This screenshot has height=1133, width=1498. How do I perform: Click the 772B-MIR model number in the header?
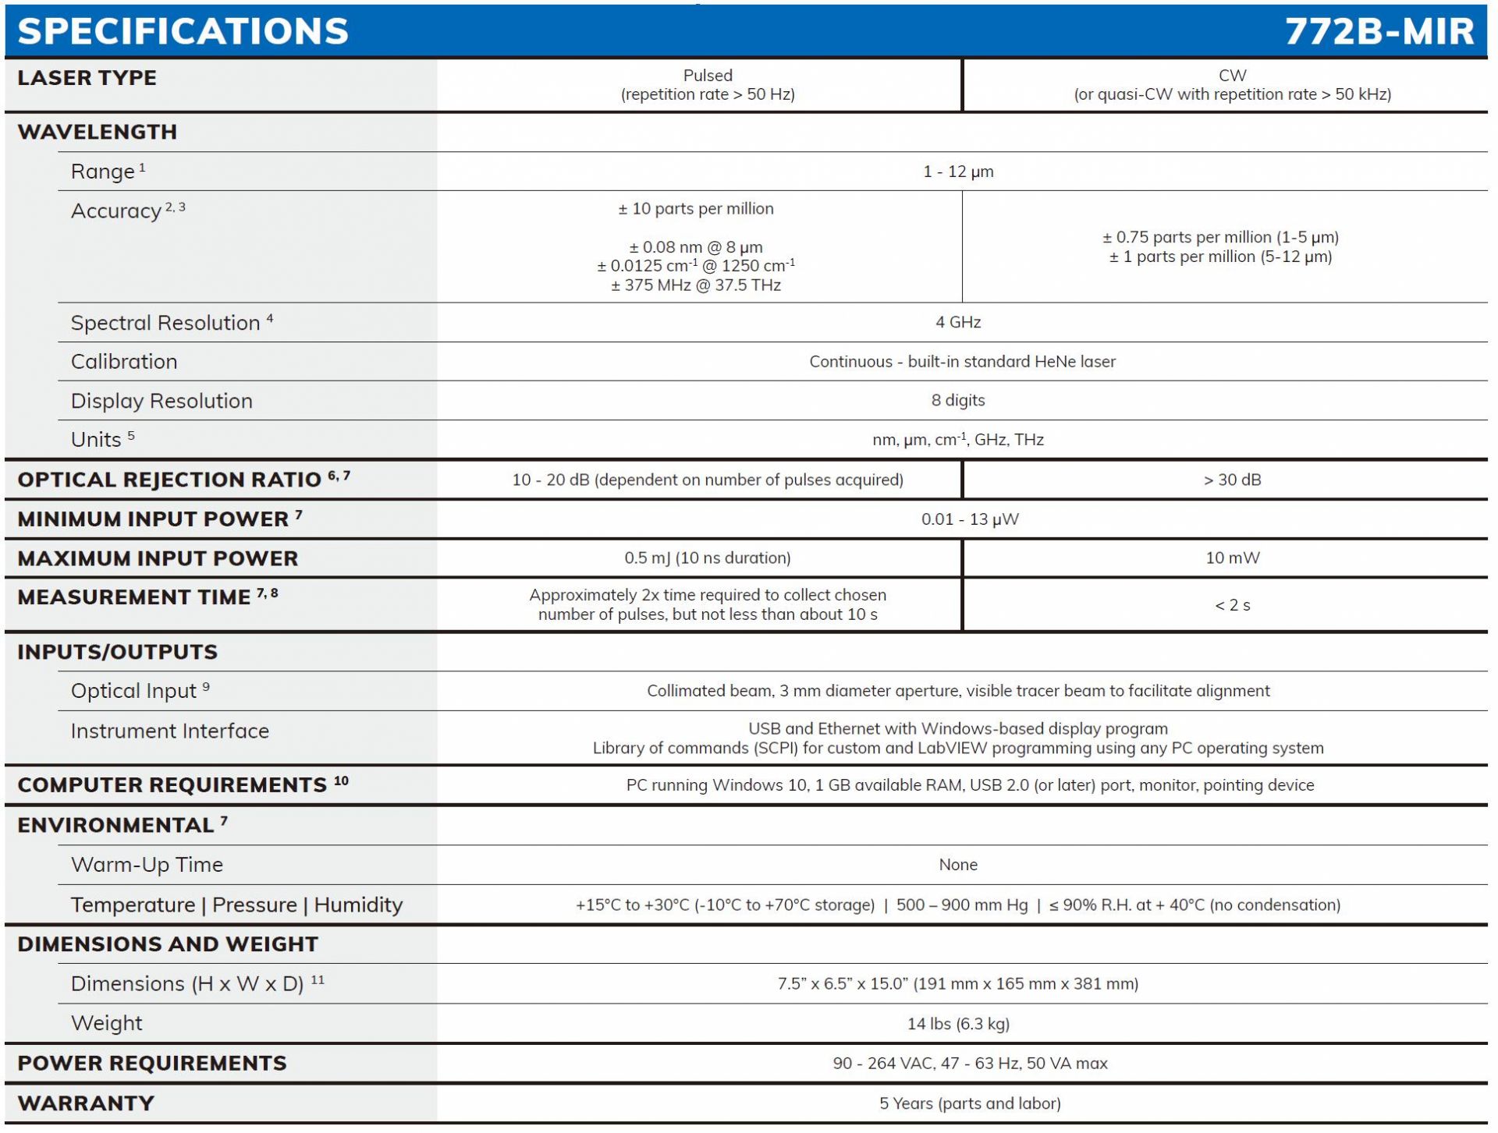tap(1379, 31)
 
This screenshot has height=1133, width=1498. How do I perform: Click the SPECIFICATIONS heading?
tap(183, 31)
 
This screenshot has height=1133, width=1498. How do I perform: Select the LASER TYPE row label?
tap(87, 78)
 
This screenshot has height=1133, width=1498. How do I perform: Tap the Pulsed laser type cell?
tap(707, 85)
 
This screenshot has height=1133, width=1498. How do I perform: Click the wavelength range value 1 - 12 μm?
tap(957, 172)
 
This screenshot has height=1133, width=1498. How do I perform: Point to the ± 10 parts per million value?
tap(695, 209)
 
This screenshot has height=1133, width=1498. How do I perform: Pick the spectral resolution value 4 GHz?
tap(957, 322)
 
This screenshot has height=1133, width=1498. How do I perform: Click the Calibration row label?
tap(124, 362)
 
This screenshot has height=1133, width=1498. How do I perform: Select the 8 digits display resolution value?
tap(957, 400)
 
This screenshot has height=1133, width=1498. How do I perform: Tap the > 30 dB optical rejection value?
tap(1231, 480)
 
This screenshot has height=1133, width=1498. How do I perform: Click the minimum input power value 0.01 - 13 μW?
tap(969, 519)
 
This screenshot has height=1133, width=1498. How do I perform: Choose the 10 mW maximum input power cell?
tap(1232, 558)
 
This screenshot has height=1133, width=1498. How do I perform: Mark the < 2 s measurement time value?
tap(1232, 605)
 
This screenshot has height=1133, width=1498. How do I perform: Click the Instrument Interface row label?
tap(169, 731)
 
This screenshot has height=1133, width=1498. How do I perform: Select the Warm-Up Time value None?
tap(957, 865)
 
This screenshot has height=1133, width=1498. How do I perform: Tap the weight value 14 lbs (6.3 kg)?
tap(957, 1024)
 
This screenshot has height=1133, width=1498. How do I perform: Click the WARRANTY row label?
tap(86, 1103)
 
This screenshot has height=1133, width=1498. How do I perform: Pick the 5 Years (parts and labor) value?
tap(969, 1103)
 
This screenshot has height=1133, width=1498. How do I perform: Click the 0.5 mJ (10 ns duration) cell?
tap(707, 558)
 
